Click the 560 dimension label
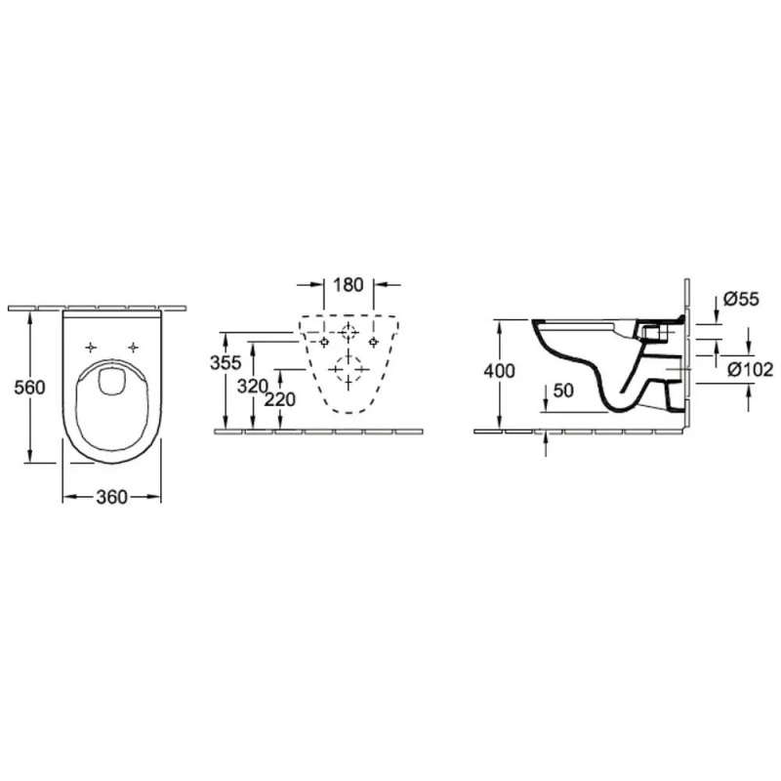click(29, 387)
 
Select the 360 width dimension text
click(111, 497)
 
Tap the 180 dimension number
click(349, 285)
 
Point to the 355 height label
click(226, 362)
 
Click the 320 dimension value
click(252, 386)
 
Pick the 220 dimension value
click(279, 399)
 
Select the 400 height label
click(500, 371)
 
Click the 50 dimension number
click(563, 390)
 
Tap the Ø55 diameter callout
click(741, 299)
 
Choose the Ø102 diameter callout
click(751, 370)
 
